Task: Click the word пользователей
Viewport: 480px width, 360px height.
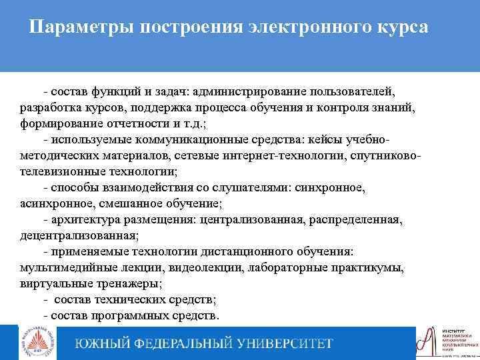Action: tap(353, 91)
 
